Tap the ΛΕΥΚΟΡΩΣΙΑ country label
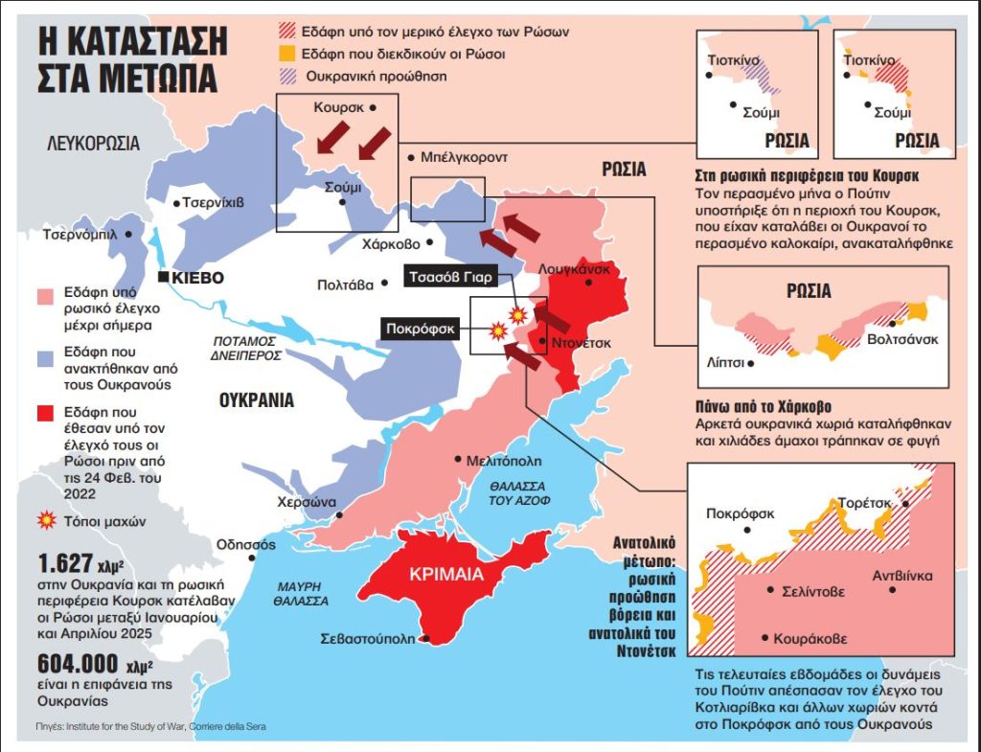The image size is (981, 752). click(x=94, y=145)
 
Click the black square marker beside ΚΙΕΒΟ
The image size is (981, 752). click(x=165, y=278)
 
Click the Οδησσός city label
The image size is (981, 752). click(x=246, y=545)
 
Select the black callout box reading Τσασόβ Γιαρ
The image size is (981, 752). click(x=449, y=278)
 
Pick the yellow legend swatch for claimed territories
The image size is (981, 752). click(x=283, y=55)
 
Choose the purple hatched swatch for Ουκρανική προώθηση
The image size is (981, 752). click(x=283, y=77)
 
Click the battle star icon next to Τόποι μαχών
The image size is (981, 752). click(x=44, y=521)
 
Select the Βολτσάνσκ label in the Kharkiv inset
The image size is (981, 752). click(x=903, y=339)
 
